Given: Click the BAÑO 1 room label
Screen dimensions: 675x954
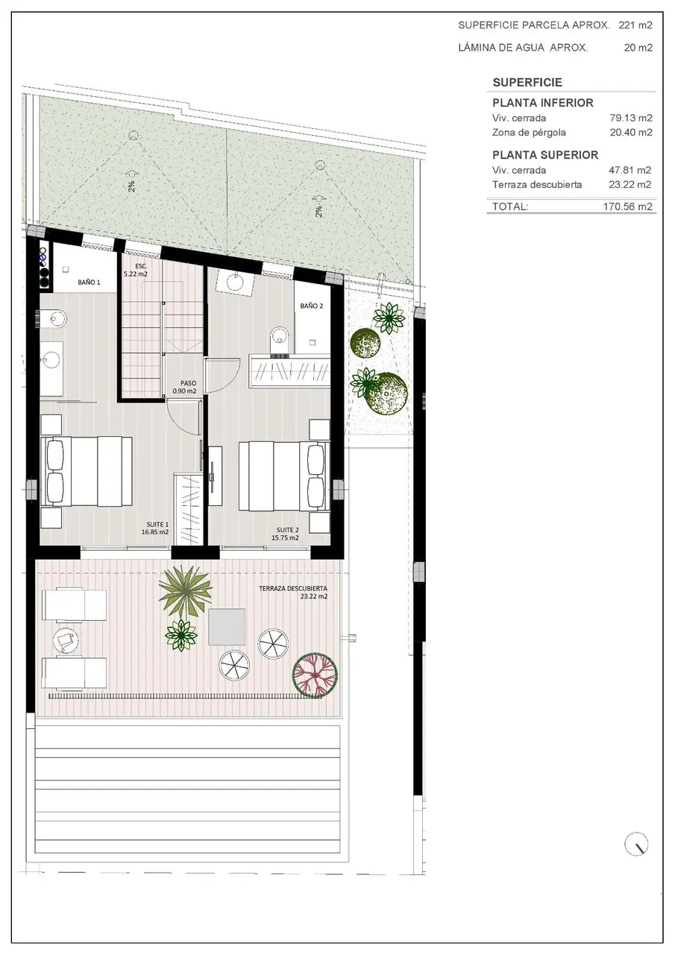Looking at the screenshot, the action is pos(89,282).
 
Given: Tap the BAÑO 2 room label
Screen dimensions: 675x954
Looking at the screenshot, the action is pos(312,306).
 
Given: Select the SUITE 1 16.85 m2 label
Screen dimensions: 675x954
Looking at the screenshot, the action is pos(155,528).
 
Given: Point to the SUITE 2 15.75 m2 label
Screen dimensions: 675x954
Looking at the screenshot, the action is pos(286,534).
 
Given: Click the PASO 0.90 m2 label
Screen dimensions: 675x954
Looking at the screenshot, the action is pos(185,387).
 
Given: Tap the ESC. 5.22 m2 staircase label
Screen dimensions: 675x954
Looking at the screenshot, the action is pos(136,270).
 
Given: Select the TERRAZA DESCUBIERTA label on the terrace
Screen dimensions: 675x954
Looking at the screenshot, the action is pos(293,589).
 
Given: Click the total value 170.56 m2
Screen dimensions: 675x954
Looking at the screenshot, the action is pos(628,206).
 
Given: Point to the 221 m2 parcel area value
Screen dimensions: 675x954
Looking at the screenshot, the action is pos(635,25).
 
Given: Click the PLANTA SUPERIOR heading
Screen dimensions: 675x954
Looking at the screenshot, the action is pos(545,155).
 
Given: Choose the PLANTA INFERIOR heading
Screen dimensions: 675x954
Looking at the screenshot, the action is pos(543,103).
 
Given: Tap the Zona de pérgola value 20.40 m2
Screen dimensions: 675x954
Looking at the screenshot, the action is pos(631,133).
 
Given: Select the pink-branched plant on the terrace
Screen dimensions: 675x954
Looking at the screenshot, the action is pos(315,675).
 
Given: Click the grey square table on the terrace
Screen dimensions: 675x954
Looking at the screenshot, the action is pos(227,627).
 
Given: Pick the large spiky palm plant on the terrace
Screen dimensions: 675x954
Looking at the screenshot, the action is pos(185,591).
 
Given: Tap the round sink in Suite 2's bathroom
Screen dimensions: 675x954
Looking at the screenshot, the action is pos(233,282).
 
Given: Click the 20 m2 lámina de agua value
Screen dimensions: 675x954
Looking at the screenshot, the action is pos(638,48).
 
